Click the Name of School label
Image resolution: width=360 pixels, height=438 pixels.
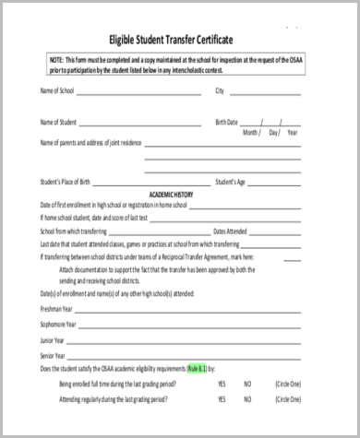coord(57,91)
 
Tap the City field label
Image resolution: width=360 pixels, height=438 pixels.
coord(220,91)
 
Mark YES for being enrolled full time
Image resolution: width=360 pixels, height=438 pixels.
coord(222,383)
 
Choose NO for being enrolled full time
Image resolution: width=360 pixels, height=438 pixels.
coord(247,383)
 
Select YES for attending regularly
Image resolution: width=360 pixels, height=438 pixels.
coord(222,401)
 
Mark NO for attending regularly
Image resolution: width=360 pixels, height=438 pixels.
coord(247,401)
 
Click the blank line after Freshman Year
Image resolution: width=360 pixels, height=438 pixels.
coord(185,312)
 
